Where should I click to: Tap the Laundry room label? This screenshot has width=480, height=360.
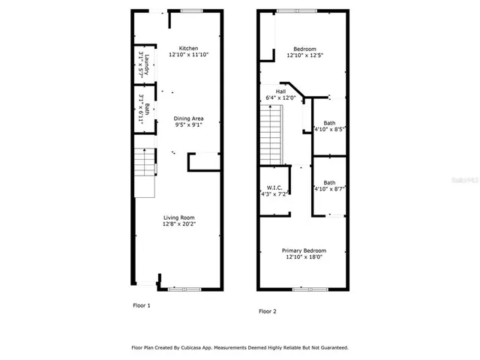point(148,65)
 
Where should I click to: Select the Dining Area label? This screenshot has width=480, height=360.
point(188,118)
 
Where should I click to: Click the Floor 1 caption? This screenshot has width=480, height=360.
point(142,305)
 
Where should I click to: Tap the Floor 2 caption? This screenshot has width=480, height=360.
point(268,310)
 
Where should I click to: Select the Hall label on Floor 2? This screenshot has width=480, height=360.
point(280,91)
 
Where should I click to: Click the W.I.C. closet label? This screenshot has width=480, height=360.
point(273,187)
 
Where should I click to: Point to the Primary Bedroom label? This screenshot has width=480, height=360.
point(304,250)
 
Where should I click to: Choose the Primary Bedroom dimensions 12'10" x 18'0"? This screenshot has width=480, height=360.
point(304,257)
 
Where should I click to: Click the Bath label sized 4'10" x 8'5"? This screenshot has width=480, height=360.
point(329,123)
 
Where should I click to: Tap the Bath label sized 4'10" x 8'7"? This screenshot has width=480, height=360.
point(329,182)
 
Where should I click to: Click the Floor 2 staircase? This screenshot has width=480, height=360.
point(271,133)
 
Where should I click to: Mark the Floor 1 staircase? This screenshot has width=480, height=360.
point(144,172)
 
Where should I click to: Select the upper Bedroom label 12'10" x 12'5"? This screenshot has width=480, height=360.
point(304,48)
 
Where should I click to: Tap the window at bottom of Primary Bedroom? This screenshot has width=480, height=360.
point(304,289)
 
